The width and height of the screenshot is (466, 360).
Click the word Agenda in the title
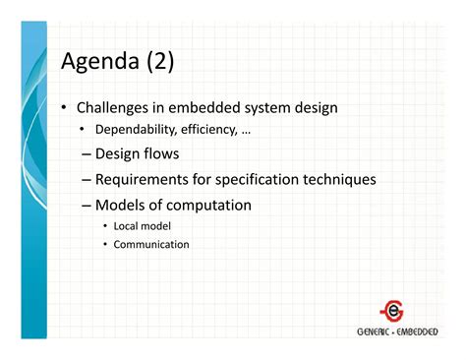click(101, 64)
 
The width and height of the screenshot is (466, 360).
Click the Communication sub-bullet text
click(151, 244)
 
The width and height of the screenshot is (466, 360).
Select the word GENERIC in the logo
click(376, 331)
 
